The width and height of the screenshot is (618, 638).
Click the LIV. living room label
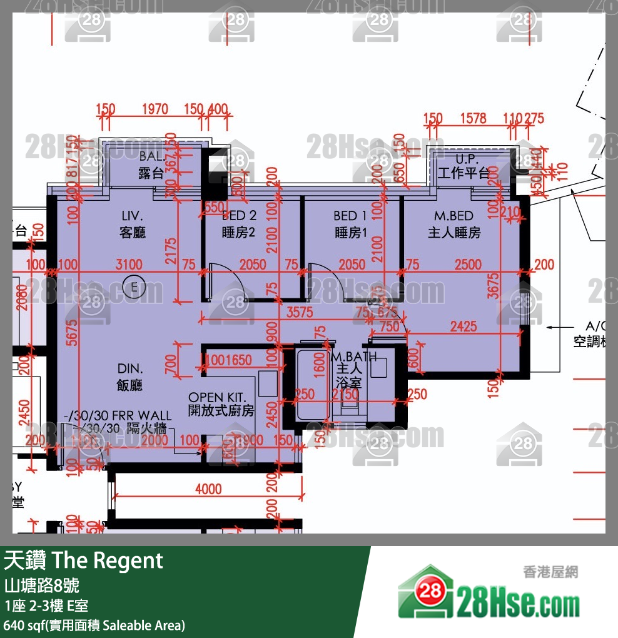coord(133,216)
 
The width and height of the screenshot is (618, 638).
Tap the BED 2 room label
coord(239,216)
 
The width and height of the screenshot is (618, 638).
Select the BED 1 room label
coord(350,216)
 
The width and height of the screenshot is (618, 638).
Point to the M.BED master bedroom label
coord(454,216)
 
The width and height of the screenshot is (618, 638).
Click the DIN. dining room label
coord(129,369)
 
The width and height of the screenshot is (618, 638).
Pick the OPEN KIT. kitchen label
coord(221,398)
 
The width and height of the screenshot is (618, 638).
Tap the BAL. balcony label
coord(151,156)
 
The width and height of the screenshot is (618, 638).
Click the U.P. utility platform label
coord(467,159)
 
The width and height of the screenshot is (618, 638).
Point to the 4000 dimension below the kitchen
coord(208,489)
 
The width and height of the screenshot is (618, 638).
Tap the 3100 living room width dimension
coord(129,265)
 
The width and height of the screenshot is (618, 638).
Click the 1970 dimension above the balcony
coord(154,109)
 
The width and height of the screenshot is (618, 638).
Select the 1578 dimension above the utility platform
coord(472,118)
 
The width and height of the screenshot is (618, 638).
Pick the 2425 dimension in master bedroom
coord(463,327)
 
